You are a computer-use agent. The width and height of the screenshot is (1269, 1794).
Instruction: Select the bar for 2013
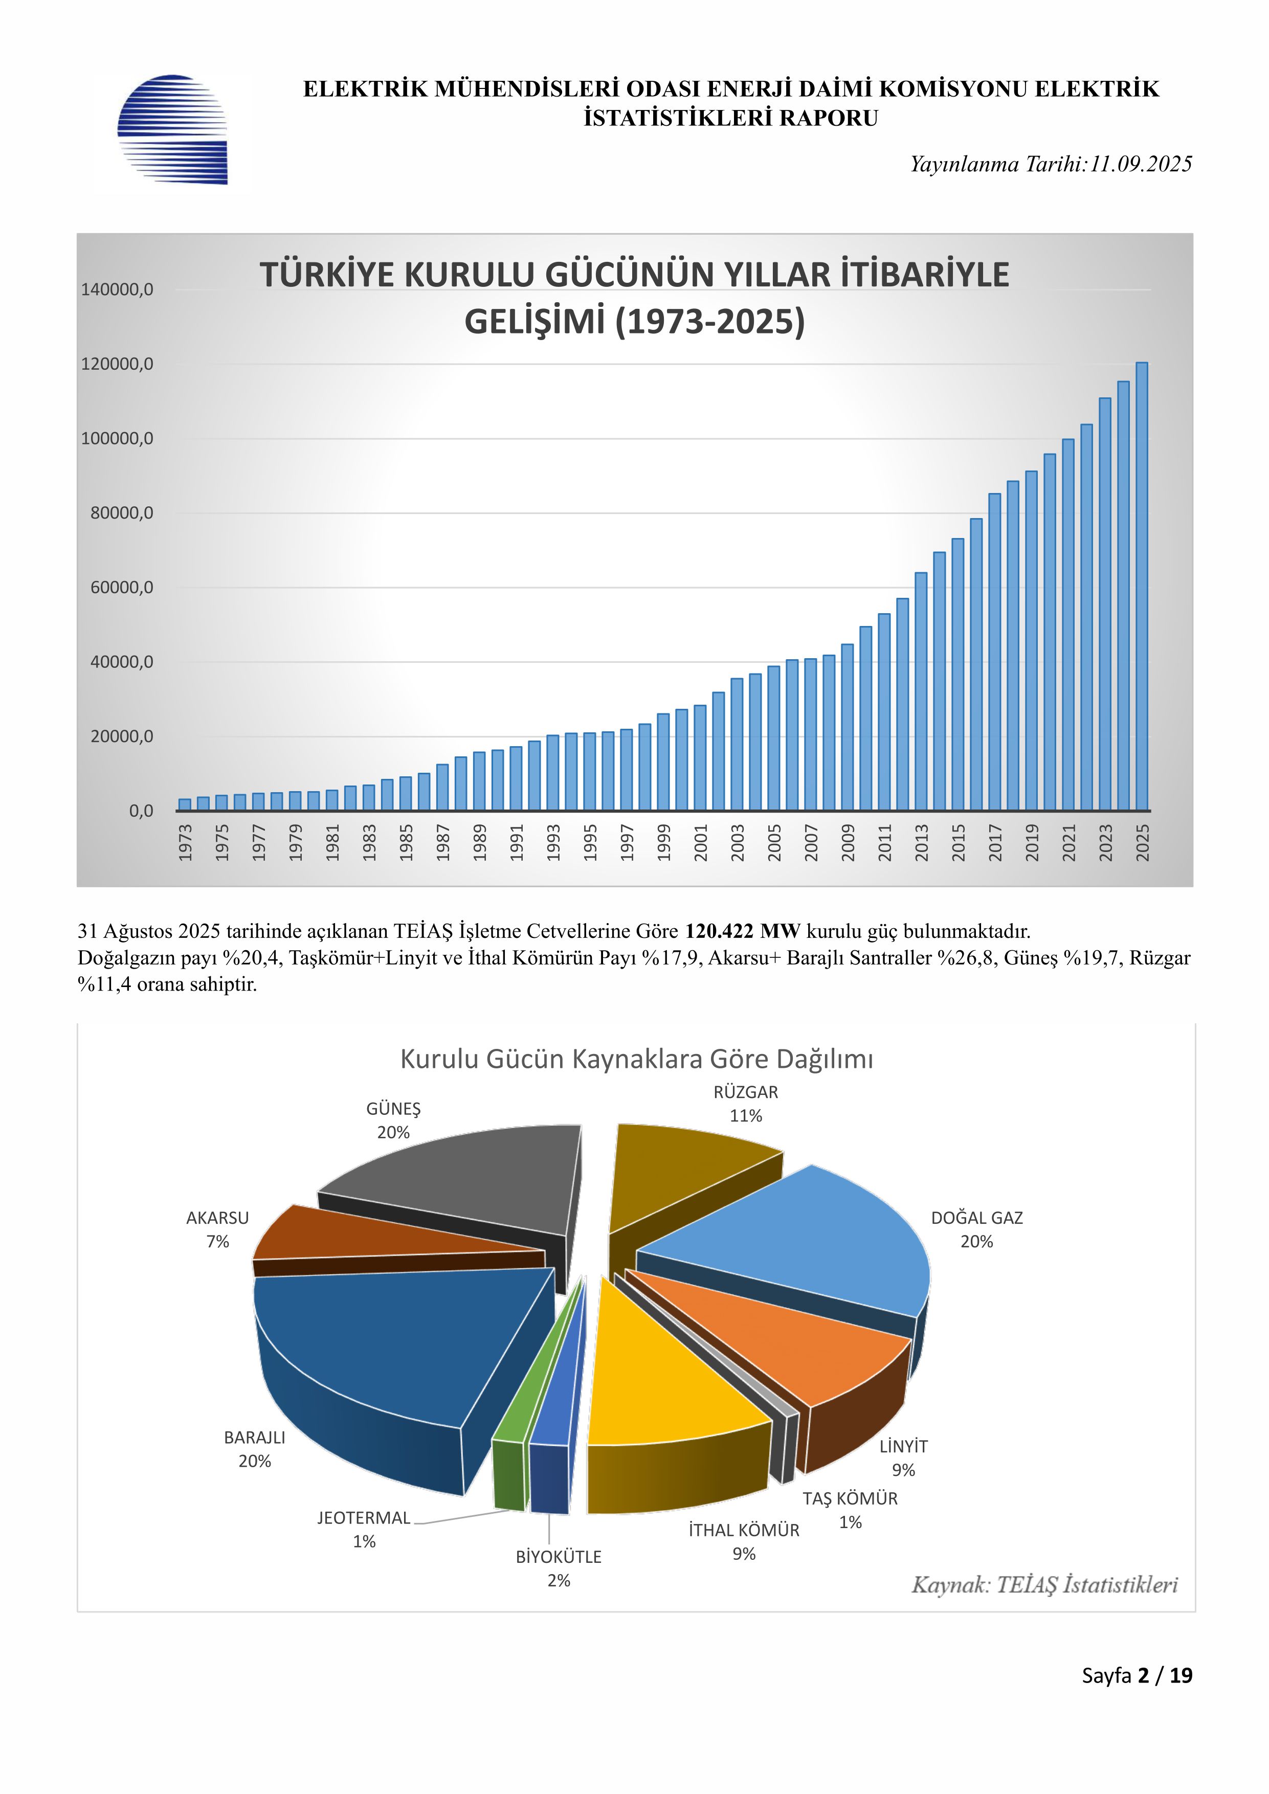(921, 691)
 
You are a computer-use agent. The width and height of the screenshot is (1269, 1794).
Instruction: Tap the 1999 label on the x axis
(663, 842)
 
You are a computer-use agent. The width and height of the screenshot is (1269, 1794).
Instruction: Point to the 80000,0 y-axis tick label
(117, 513)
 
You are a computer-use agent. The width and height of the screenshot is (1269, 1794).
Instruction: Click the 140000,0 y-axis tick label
(117, 289)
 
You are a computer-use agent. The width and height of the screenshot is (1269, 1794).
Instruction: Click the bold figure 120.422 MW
(742, 931)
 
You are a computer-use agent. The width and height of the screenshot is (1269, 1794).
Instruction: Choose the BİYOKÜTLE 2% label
(559, 1568)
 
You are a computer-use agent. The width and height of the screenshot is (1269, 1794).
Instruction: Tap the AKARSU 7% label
(217, 1229)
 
